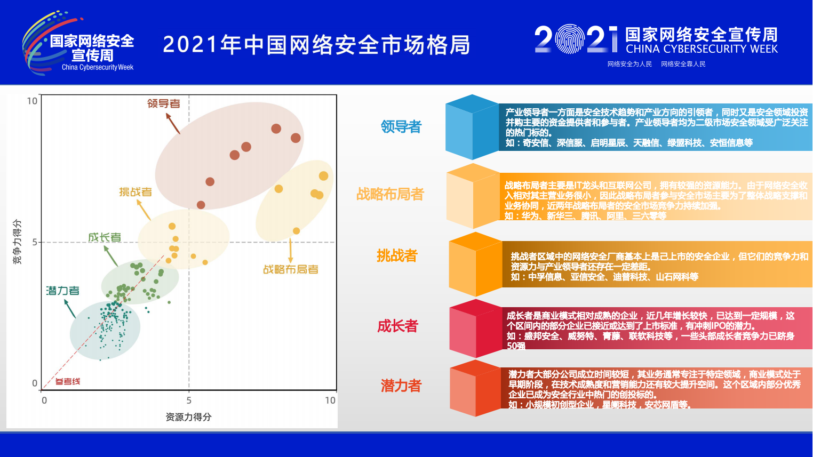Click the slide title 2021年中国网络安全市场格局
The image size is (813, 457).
point(316,45)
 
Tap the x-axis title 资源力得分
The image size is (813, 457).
point(188,417)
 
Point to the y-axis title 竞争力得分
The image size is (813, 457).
point(18,242)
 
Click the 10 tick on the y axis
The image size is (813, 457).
point(32,101)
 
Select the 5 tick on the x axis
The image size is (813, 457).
point(189,400)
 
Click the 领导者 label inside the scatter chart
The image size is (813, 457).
point(163,103)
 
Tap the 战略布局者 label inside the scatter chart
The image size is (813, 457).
point(291,269)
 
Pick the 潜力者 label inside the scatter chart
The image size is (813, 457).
point(62,291)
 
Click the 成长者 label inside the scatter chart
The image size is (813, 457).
point(105,237)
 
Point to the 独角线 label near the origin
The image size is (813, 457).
point(68,381)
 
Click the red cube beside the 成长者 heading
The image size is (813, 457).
point(475,328)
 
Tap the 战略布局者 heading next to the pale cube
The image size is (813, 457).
point(390,194)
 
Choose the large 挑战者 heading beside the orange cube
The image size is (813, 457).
point(397,256)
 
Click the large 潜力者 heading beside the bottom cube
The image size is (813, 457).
point(401,386)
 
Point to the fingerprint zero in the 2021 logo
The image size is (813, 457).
point(570,39)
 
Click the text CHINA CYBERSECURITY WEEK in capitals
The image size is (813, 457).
point(702,49)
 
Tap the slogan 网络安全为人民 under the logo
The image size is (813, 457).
point(629,64)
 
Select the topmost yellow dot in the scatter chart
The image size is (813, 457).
point(323,176)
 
